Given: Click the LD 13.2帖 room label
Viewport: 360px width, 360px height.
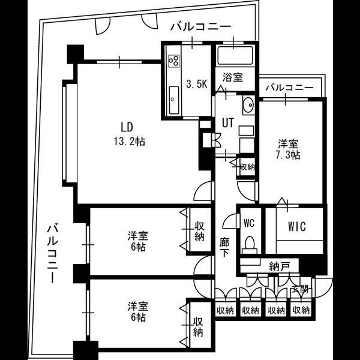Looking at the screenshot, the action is (130, 134).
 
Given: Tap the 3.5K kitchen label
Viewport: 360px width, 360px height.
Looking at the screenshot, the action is (197, 84).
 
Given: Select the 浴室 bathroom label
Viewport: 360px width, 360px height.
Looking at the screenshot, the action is (233, 77).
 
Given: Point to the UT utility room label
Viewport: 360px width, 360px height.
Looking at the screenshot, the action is (228, 123).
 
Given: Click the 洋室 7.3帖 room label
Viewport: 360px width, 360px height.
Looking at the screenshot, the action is (288, 149).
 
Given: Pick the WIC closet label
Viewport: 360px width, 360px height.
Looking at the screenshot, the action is (297, 226).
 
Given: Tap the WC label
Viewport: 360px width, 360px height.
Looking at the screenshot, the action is (249, 223).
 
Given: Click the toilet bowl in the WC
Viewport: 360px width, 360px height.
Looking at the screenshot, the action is (250, 243).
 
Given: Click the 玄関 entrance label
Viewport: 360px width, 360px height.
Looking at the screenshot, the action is (300, 290).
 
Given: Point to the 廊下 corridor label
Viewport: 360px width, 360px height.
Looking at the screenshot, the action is (224, 248).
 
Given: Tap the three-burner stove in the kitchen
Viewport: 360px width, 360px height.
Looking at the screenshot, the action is (174, 61).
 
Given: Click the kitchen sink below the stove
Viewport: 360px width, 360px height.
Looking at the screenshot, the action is (174, 100).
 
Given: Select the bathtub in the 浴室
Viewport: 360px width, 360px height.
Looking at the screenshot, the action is (235, 55).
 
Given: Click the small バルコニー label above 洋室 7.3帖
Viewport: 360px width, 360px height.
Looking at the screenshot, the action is (290, 88).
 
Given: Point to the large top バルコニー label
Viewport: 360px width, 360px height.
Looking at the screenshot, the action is (200, 27).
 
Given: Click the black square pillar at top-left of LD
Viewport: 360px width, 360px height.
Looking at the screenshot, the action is (76, 54).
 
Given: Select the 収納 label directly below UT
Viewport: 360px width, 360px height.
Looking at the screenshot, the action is (247, 167).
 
